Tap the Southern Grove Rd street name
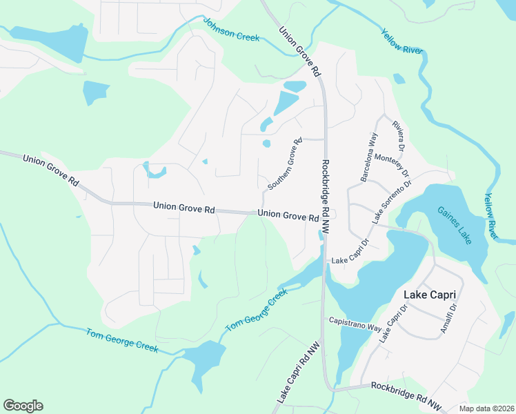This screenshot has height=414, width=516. coord(285,164)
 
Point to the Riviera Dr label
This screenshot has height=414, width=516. coord(397,135)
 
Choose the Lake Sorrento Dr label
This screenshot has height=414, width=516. coord(391,200)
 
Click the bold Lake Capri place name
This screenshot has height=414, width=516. coord(430,295)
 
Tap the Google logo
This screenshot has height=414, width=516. coord(23,406)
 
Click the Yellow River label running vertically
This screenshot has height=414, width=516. coord(491,216)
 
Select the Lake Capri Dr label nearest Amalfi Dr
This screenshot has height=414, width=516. coord(390,323)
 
